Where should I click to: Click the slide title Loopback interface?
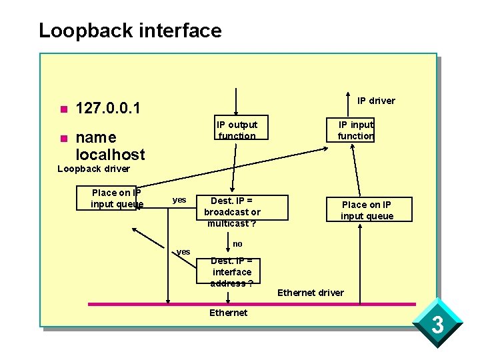click(130, 31)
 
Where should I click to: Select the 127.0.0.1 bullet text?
click(108, 108)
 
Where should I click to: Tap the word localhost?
click(110, 155)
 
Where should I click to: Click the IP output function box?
click(237, 130)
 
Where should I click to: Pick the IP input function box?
click(355, 130)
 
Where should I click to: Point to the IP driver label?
click(376, 101)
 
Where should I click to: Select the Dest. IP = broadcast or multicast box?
click(232, 212)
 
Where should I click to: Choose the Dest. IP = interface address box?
click(232, 272)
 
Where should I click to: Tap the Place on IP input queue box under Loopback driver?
click(117, 199)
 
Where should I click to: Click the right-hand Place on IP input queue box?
click(367, 210)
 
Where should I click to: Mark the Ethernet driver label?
click(311, 293)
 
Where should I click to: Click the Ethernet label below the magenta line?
click(228, 313)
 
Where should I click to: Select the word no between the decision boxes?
click(237, 244)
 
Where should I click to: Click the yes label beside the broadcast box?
click(179, 200)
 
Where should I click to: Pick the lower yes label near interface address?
click(183, 251)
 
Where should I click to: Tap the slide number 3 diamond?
click(437, 325)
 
